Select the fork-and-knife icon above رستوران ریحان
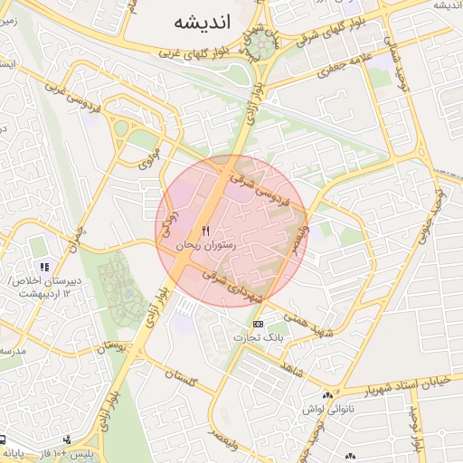click(206, 231)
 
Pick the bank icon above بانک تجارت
click(259, 324)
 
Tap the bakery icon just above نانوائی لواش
click(327, 395)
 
